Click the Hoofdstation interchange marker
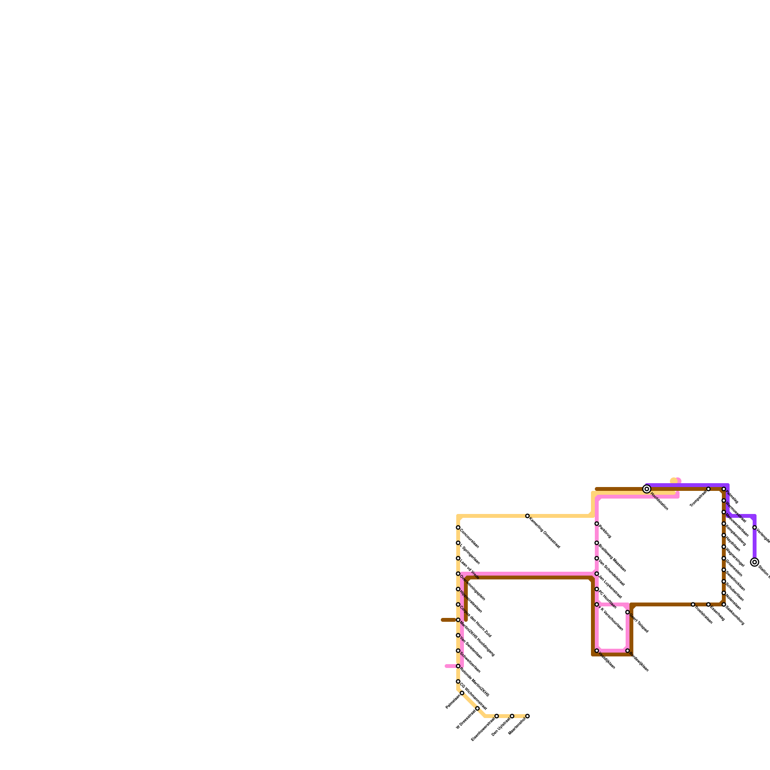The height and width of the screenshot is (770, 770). (x=647, y=489)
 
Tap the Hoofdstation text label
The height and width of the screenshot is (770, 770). (x=659, y=501)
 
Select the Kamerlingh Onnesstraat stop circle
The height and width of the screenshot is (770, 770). (x=527, y=516)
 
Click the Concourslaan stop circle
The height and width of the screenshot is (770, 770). (x=458, y=527)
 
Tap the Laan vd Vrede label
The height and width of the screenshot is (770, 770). (x=470, y=569)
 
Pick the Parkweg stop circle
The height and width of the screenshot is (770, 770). (x=597, y=524)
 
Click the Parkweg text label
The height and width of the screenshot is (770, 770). (x=605, y=532)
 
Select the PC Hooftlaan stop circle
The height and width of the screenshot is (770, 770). (x=597, y=589)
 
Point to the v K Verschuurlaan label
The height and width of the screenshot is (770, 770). (x=611, y=619)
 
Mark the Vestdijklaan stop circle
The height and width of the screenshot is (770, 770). (x=597, y=651)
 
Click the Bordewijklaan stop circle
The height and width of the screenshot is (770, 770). (x=628, y=651)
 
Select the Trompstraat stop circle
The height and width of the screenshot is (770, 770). (x=708, y=489)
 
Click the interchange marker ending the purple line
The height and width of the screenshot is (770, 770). (x=755, y=562)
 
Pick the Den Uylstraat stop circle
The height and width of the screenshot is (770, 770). (x=512, y=716)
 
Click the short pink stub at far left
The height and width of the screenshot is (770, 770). (x=450, y=666)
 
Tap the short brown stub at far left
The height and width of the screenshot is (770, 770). (x=448, y=620)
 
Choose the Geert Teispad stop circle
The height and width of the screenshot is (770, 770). (x=628, y=612)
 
